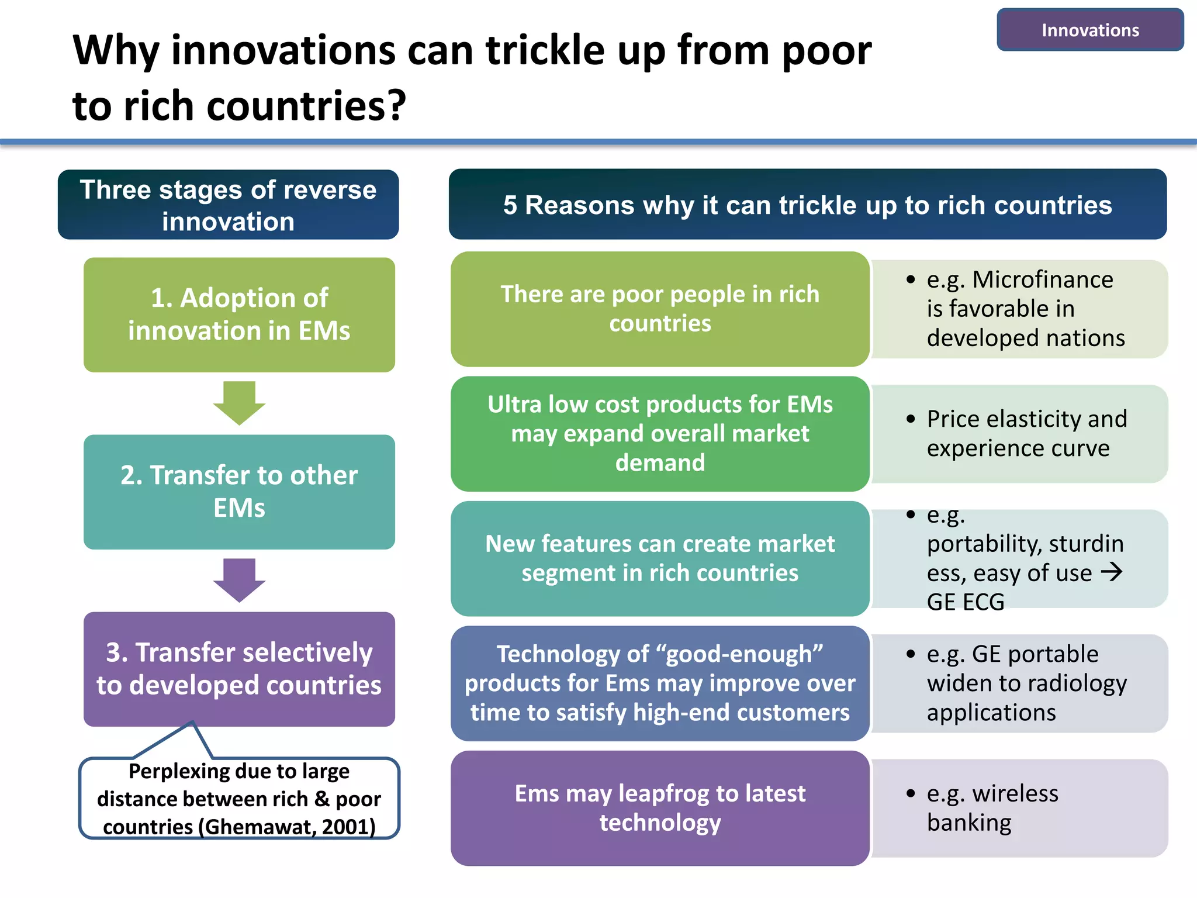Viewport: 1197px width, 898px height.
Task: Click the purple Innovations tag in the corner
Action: (x=1089, y=30)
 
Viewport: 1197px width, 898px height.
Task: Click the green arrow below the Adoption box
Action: (x=239, y=402)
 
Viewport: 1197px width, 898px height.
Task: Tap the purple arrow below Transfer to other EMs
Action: (x=239, y=579)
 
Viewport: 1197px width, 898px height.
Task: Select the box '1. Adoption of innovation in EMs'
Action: (x=239, y=315)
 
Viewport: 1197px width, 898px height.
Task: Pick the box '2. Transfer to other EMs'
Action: (x=239, y=492)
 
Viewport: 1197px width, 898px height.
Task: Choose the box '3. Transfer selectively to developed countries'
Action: (x=239, y=669)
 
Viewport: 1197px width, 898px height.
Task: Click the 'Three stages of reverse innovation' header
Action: (x=228, y=205)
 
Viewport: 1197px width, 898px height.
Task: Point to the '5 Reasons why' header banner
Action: (x=807, y=205)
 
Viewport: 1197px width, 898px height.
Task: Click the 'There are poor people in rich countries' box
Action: (x=660, y=309)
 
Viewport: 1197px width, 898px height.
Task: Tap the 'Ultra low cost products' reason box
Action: (x=660, y=433)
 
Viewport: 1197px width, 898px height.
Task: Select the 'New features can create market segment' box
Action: (x=660, y=558)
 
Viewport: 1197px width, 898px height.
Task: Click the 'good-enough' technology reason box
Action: (x=660, y=683)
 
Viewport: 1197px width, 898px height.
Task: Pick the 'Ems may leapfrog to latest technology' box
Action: (x=660, y=808)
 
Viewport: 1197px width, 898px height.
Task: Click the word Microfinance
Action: (x=1043, y=279)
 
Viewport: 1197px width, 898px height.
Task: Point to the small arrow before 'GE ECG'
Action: (x=1111, y=571)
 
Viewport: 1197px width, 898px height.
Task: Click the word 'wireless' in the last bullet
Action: (x=1015, y=793)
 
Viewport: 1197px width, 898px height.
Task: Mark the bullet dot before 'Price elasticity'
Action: (x=911, y=419)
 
